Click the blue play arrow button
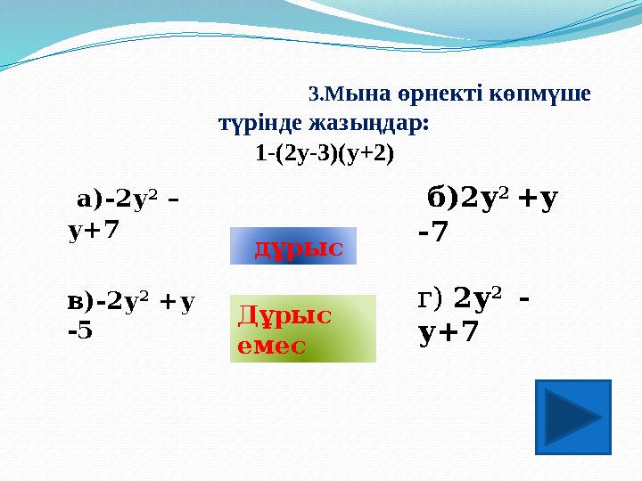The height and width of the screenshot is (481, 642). (572, 417)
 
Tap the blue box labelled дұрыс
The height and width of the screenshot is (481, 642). (293, 246)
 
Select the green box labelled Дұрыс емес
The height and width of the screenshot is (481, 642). (303, 329)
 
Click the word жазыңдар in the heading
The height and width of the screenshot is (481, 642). (369, 125)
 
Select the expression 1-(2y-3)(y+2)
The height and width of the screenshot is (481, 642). (325, 154)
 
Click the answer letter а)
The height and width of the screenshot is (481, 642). (89, 201)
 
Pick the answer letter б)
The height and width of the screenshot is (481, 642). (442, 199)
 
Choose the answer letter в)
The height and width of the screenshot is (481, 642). (80, 303)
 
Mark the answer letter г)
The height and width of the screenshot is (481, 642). (430, 299)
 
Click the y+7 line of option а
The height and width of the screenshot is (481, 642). (94, 231)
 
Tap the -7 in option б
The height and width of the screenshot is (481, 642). (432, 232)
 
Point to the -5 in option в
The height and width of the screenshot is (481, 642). (80, 330)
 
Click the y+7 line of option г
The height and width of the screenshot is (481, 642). (448, 331)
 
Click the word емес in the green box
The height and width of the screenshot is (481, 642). (271, 346)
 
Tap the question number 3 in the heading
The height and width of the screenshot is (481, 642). (314, 94)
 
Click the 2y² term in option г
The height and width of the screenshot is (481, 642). (477, 298)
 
